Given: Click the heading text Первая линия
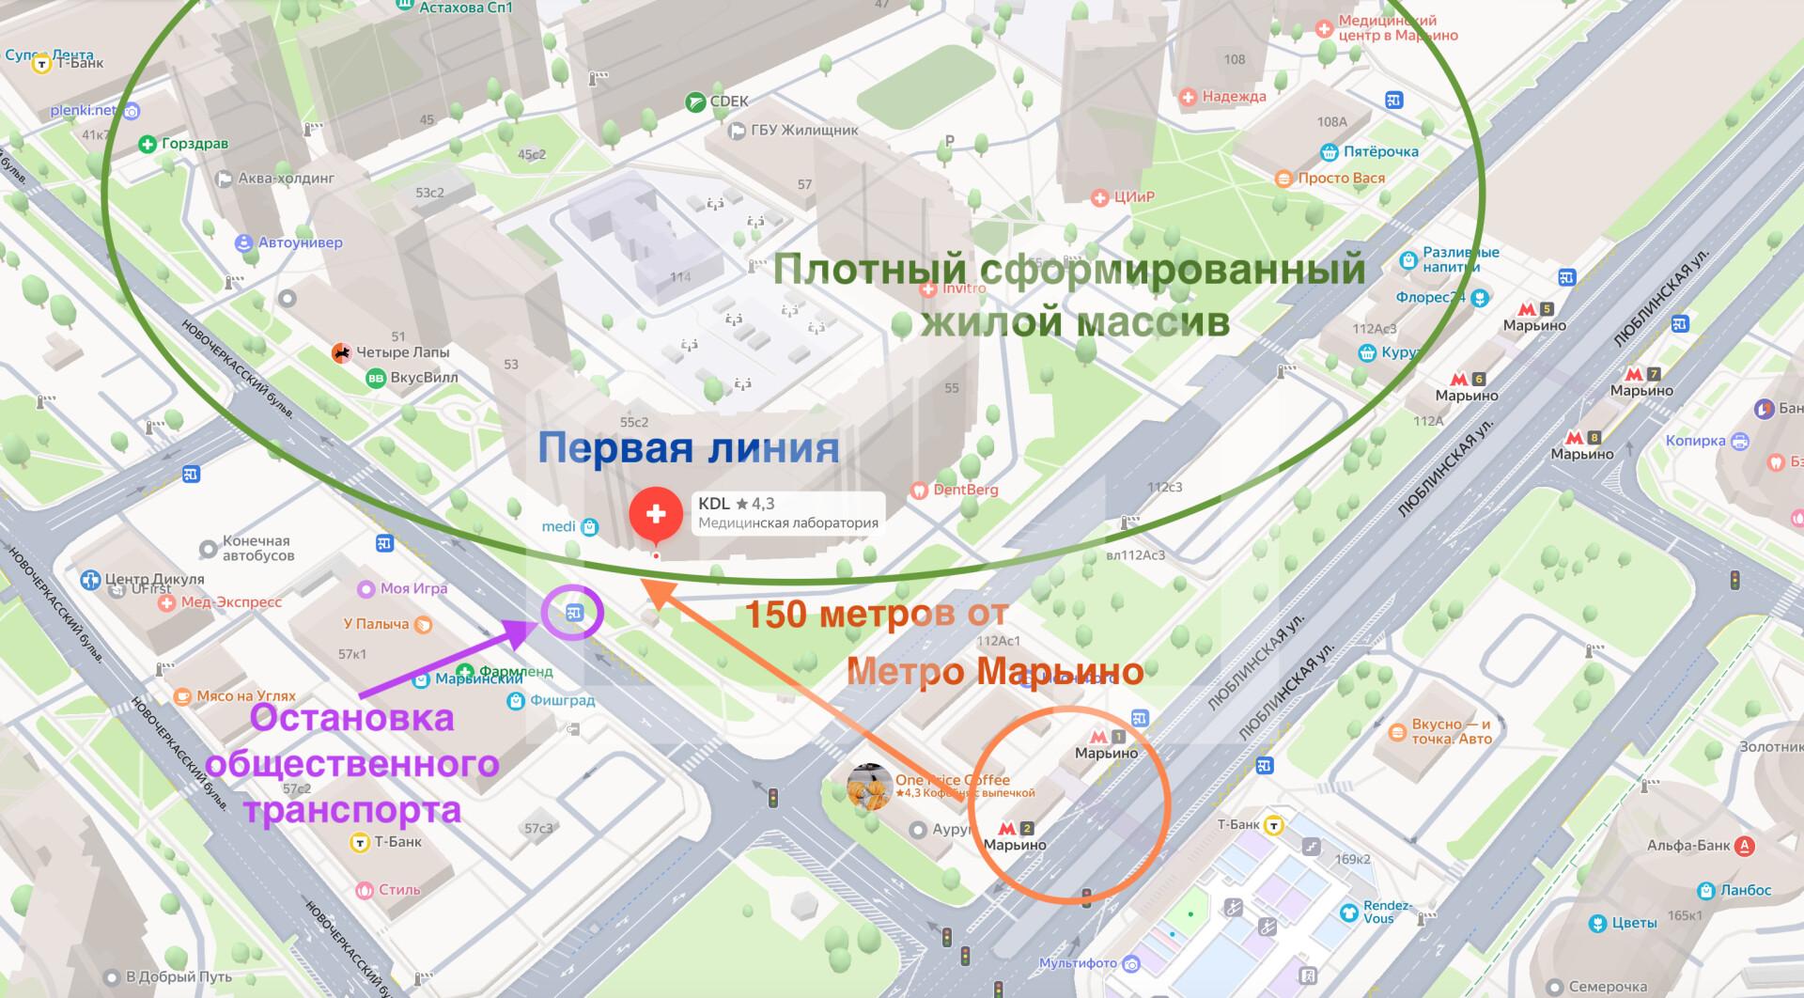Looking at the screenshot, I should [688, 447].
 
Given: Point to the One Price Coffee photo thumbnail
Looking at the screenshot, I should [869, 787].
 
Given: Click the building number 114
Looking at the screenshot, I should [680, 276].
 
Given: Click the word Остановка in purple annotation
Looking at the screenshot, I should [351, 718].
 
